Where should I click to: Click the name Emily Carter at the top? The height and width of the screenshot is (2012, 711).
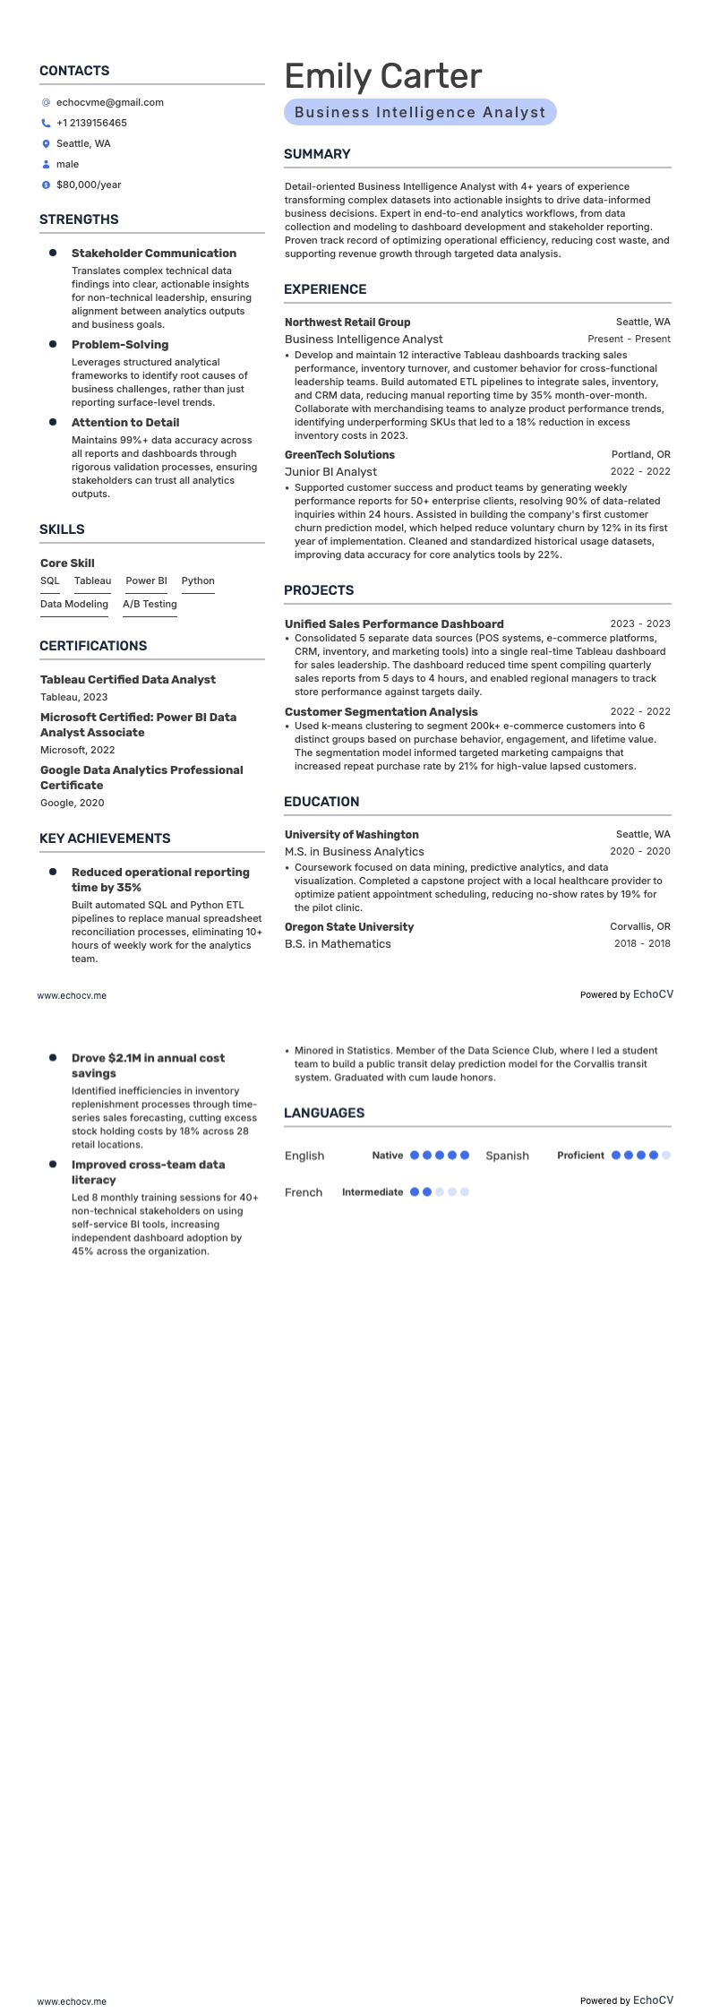click(382, 77)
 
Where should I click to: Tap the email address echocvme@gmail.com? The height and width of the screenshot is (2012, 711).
click(109, 103)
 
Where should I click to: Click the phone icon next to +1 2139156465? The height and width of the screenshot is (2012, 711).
click(46, 124)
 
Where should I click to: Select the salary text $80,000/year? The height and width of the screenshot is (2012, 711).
click(89, 185)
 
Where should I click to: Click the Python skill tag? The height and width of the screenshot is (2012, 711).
click(198, 581)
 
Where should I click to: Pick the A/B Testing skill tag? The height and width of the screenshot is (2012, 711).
click(150, 605)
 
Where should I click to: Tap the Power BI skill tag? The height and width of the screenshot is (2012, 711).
click(146, 581)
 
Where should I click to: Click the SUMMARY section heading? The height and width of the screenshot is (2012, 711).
click(317, 155)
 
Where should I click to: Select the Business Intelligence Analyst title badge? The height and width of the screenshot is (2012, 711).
click(420, 113)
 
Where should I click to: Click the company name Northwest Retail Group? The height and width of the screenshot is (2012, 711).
click(347, 322)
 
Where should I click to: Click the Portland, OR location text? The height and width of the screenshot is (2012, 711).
click(640, 455)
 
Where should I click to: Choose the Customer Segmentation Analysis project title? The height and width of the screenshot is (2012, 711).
click(381, 712)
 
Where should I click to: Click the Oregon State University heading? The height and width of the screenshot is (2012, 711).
click(349, 927)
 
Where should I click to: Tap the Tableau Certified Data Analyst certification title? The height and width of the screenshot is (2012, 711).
click(127, 680)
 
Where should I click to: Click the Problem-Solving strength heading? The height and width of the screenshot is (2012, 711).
click(120, 345)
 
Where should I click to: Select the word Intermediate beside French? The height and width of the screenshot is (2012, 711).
click(373, 1192)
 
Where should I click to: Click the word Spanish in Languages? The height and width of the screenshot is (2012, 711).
click(507, 1156)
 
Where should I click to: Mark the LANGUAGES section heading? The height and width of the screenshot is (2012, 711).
click(324, 1113)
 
